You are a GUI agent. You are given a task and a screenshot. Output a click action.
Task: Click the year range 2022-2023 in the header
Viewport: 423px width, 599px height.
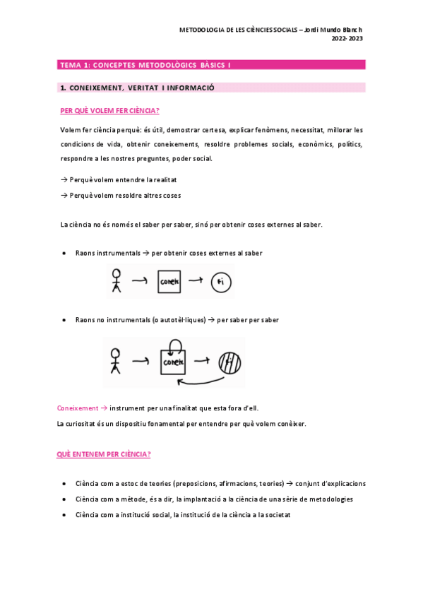pyautogui.click(x=347, y=39)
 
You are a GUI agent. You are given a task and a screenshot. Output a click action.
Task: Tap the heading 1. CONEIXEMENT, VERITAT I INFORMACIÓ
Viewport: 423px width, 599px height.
pyautogui.click(x=138, y=88)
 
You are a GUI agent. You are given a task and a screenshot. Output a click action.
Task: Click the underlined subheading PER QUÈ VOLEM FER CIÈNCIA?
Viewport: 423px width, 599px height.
pyautogui.click(x=110, y=111)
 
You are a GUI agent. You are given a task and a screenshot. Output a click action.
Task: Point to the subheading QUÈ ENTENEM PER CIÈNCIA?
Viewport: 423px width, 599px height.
pyautogui.click(x=104, y=454)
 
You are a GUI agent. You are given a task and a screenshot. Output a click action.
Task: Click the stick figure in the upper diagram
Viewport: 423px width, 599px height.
pyautogui.click(x=117, y=282)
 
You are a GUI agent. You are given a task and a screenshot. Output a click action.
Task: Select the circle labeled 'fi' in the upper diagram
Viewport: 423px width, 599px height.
pyautogui.click(x=222, y=283)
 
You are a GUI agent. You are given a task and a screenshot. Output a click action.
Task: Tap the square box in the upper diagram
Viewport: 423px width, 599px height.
pyautogui.click(x=169, y=283)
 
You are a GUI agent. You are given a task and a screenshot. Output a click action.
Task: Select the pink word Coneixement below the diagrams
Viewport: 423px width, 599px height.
pyautogui.click(x=78, y=408)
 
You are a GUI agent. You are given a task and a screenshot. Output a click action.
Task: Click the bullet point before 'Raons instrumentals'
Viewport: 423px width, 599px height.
pyautogui.click(x=65, y=253)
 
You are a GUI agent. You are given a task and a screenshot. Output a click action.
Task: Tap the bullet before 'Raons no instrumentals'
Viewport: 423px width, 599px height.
pyautogui.click(x=65, y=320)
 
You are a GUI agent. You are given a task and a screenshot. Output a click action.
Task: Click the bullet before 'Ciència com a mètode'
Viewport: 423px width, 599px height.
pyautogui.click(x=65, y=499)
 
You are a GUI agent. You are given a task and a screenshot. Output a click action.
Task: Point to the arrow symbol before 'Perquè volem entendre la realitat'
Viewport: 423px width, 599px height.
pyautogui.click(x=64, y=180)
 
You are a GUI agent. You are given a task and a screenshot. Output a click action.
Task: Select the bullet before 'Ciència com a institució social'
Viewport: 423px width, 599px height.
pyautogui.click(x=65, y=515)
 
